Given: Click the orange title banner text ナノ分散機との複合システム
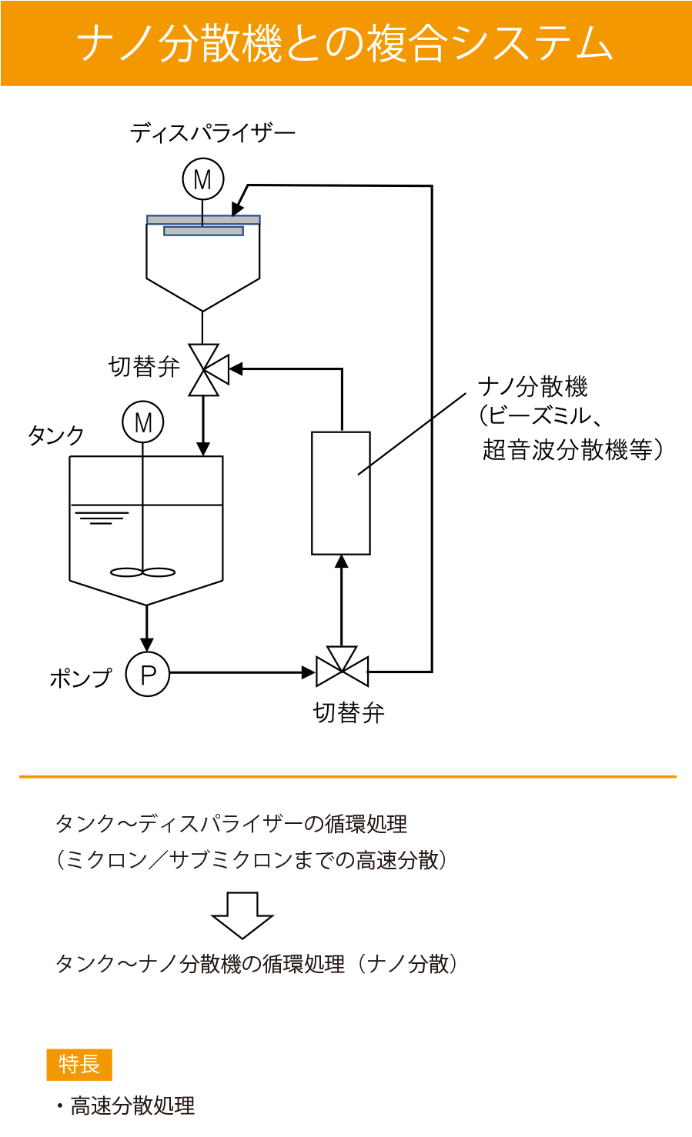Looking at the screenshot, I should click(x=346, y=43).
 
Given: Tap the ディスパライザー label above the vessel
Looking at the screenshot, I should click(x=212, y=133).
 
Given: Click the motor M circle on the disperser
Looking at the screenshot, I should click(x=202, y=179).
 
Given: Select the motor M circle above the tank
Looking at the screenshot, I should click(x=143, y=422).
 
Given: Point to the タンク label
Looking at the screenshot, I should click(x=55, y=435).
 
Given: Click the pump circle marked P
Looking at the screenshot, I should click(x=148, y=674).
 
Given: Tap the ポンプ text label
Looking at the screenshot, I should click(x=80, y=677).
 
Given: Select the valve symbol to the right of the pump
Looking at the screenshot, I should click(x=343, y=669).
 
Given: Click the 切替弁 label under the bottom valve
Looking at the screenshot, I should click(x=349, y=713).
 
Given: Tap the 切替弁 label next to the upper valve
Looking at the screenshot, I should click(x=144, y=367).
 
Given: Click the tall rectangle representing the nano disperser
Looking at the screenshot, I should click(x=340, y=493).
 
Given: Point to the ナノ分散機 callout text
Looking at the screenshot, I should click(x=533, y=386).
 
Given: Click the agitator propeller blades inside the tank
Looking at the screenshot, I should click(x=143, y=572).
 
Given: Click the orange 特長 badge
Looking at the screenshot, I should click(x=79, y=1065).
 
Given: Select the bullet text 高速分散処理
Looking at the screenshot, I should click(x=132, y=1106).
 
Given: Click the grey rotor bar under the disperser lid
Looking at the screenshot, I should click(x=203, y=231).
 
